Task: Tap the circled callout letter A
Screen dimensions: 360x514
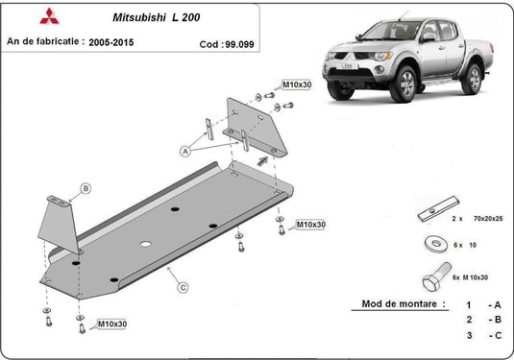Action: coord(184,150)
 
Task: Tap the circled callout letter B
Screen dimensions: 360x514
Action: coord(85,188)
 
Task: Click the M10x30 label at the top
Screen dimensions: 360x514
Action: coord(297,85)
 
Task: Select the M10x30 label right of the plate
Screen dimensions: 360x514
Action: coord(309,224)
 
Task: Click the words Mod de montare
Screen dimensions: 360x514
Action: coord(404,304)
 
